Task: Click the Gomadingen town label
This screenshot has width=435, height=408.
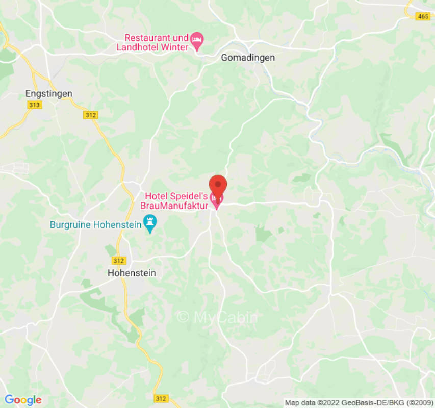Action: pyautogui.click(x=247, y=58)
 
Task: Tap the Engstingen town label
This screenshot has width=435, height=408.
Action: pyautogui.click(x=49, y=94)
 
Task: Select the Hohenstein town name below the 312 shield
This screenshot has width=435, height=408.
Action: pyautogui.click(x=132, y=273)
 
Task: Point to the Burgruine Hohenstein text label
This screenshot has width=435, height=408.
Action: pyautogui.click(x=95, y=224)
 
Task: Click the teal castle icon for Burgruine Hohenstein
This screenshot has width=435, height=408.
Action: pyautogui.click(x=150, y=222)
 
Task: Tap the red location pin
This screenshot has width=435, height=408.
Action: pyautogui.click(x=218, y=186)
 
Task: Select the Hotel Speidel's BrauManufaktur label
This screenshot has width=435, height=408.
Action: pyautogui.click(x=176, y=201)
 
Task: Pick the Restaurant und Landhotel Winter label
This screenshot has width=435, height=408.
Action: pyautogui.click(x=156, y=42)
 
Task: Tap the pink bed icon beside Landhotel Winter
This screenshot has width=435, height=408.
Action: pyautogui.click(x=197, y=39)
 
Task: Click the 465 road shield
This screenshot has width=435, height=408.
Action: pyautogui.click(x=423, y=17)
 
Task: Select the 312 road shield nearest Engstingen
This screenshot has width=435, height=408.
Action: pyautogui.click(x=90, y=116)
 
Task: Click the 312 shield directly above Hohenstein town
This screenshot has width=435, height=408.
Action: pyautogui.click(x=118, y=261)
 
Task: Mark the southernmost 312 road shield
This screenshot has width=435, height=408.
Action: pyautogui.click(x=160, y=398)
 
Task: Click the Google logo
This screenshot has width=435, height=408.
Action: pyautogui.click(x=23, y=400)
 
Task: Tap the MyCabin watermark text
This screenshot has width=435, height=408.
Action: pyautogui.click(x=218, y=317)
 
